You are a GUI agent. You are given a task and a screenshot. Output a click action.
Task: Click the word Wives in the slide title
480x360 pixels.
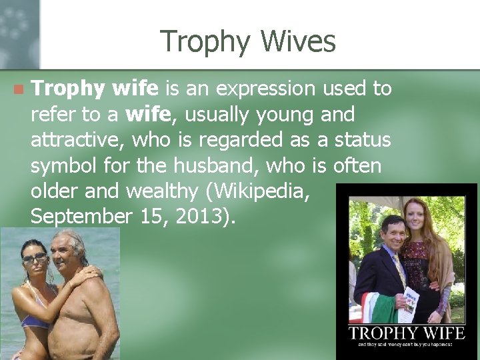click(298, 41)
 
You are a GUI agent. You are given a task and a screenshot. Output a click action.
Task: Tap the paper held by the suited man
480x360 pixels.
click(411, 300)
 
